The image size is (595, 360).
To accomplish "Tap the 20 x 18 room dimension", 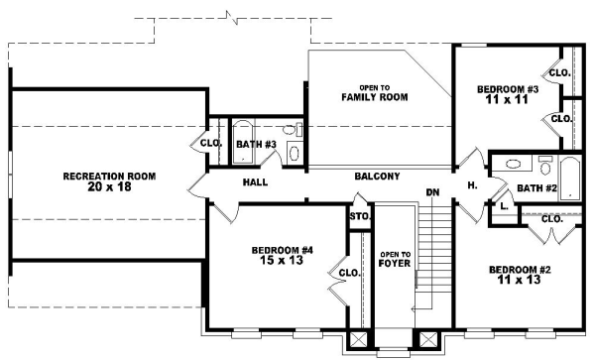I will pyautogui.click(x=109, y=186).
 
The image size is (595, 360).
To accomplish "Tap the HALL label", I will pyautogui.click(x=256, y=182).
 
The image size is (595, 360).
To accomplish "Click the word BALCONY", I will pyautogui.click(x=377, y=177).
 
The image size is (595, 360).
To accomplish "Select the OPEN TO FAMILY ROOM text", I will pyautogui.click(x=362, y=92).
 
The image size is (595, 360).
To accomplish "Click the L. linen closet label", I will pyautogui.click(x=504, y=206).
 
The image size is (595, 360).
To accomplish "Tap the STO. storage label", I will pyautogui.click(x=358, y=216).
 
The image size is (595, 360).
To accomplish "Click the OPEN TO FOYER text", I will pyautogui.click(x=395, y=261).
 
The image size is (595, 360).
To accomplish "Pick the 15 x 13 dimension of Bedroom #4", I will pyautogui.click(x=269, y=261).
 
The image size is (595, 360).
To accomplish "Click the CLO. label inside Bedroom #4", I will pyautogui.click(x=348, y=273).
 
